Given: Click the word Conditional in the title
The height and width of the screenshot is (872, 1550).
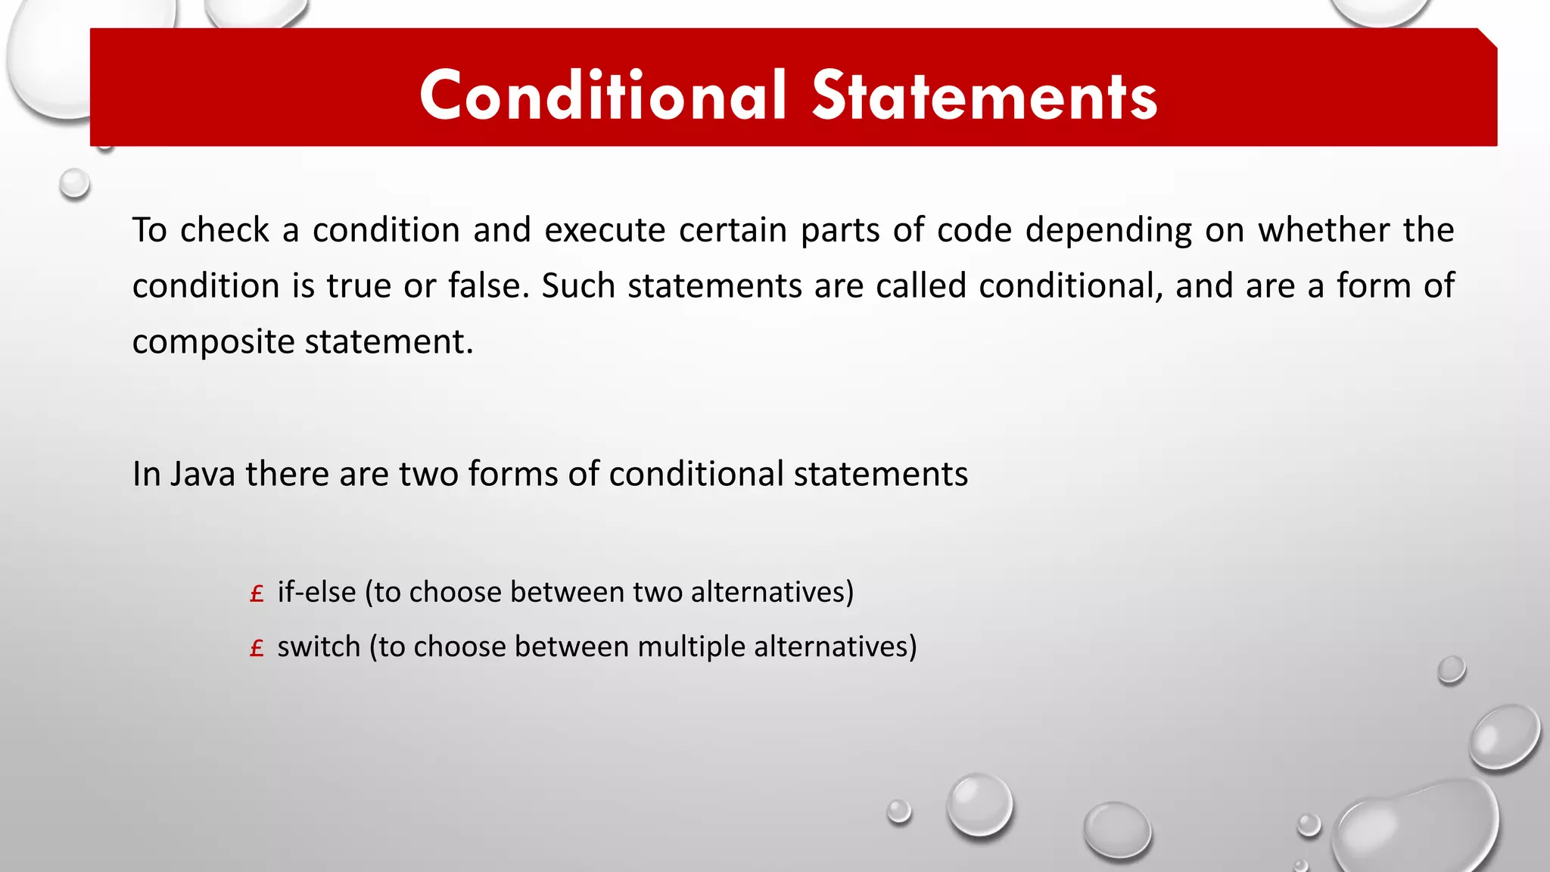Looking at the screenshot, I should click(603, 95).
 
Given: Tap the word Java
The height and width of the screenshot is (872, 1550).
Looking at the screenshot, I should click(202, 475).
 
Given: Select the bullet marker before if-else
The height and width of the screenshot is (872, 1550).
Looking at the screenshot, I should click(257, 594).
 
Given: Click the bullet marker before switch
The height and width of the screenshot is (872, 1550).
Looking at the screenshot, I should click(257, 649).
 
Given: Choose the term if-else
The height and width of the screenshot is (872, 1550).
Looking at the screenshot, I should click(316, 592).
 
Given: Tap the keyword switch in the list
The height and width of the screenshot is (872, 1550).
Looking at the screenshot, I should click(319, 647).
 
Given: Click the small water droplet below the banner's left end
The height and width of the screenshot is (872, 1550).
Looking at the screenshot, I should click(75, 183).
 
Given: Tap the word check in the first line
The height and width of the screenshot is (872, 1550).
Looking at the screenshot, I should click(225, 230).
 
